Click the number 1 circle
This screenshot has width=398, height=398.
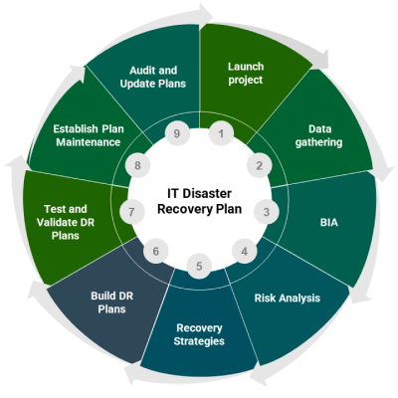(221, 133)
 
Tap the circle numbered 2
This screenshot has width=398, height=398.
(260, 165)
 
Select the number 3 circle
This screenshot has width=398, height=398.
(267, 212)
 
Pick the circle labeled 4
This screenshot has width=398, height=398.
(245, 252)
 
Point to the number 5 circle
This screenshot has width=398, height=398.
(199, 266)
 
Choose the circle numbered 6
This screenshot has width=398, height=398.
(156, 252)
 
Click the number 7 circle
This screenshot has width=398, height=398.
(131, 212)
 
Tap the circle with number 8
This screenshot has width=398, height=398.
(138, 165)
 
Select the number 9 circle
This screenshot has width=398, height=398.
(177, 133)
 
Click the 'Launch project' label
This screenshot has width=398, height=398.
(246, 74)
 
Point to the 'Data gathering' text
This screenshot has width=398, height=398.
(319, 135)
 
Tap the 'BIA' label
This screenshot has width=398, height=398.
(329, 222)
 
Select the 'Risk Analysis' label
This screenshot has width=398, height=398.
(288, 298)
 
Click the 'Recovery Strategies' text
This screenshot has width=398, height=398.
(199, 334)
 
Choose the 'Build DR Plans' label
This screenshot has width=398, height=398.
(112, 302)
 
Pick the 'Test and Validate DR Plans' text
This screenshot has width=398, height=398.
(66, 222)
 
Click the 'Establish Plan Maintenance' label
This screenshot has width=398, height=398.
(89, 135)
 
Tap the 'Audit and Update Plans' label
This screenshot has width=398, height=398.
(153, 77)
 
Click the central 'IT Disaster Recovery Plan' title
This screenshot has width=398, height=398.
(199, 201)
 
